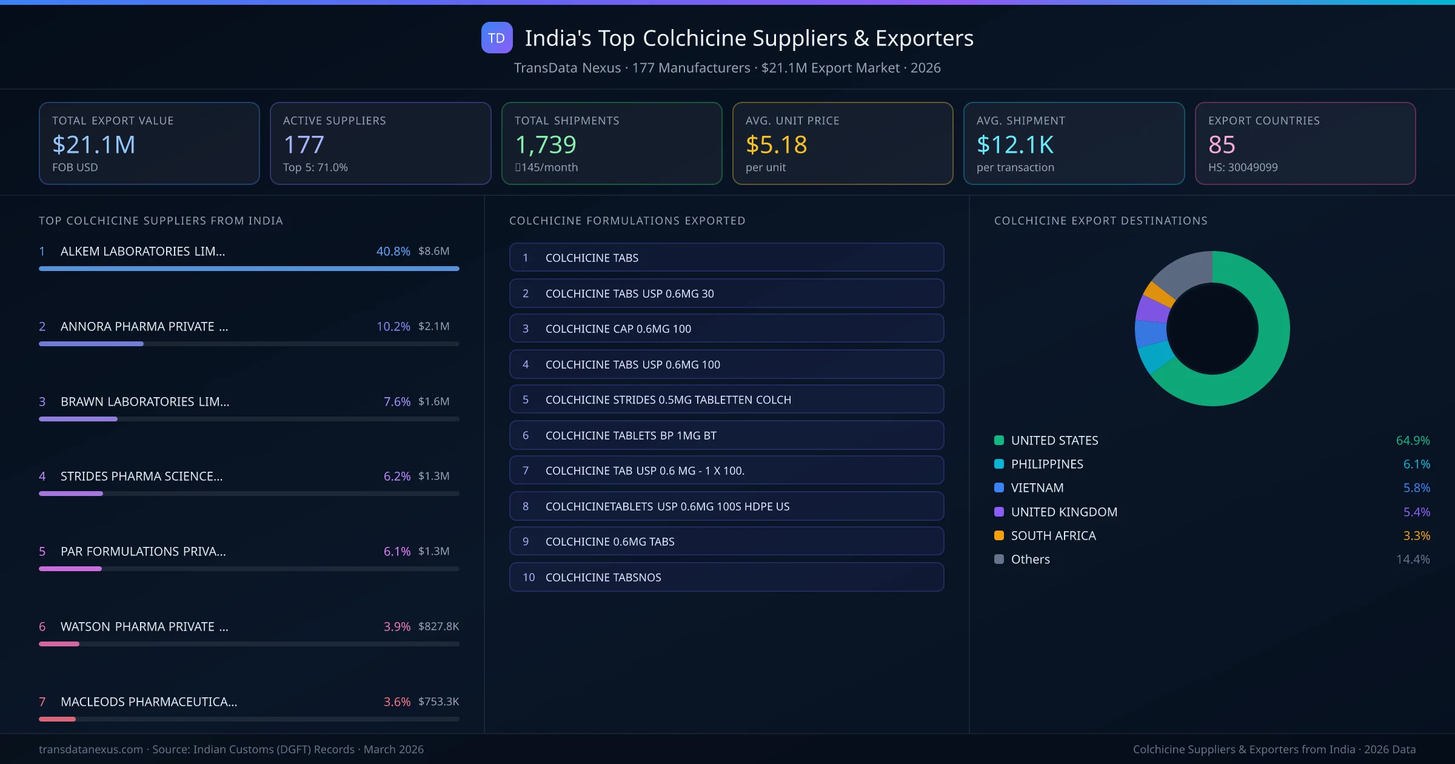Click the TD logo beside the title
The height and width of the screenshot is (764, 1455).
pos(497,38)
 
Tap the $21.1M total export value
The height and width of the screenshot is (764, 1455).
pos(94,144)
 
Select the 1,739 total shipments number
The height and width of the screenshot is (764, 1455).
pos(546,144)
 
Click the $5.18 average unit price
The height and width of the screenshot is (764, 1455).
pos(776,144)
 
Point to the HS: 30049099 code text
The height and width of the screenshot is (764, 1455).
pos(1243,167)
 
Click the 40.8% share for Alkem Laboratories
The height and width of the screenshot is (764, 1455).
pos(393,251)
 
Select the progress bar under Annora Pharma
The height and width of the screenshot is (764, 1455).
pos(249,344)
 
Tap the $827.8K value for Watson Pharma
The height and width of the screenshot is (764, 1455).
pos(438,626)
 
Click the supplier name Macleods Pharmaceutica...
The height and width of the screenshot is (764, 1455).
pos(149,702)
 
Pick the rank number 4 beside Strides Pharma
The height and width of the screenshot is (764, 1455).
pos(42,477)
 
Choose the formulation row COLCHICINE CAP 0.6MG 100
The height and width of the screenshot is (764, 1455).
pos(726,329)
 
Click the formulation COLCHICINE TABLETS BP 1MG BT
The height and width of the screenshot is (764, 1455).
pos(726,435)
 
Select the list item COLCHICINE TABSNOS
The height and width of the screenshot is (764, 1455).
pos(726,577)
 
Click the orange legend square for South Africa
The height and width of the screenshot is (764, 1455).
pos(999,535)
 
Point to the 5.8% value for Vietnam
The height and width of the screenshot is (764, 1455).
pos(1416,488)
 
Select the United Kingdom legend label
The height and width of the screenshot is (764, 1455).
pos(1064,512)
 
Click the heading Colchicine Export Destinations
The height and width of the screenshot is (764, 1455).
pos(1100,221)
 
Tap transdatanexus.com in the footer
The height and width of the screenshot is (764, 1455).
pos(91,749)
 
